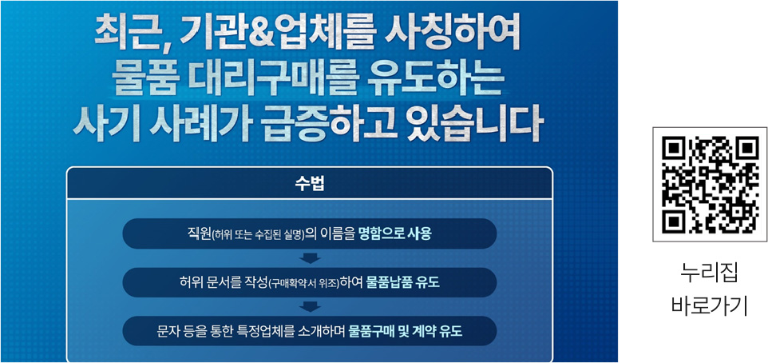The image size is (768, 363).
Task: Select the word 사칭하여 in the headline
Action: pyautogui.click(x=452, y=34)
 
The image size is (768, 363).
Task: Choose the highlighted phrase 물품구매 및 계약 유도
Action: pyautogui.click(x=406, y=331)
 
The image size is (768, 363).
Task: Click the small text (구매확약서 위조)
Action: pyautogui.click(x=306, y=283)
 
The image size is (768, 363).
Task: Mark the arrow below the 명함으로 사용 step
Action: pyautogui.click(x=310, y=258)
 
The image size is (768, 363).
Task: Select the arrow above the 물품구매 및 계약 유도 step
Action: pyautogui.click(x=310, y=306)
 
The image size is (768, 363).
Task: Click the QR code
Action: pyautogui.click(x=710, y=185)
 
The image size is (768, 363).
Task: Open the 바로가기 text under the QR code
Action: pyautogui.click(x=709, y=305)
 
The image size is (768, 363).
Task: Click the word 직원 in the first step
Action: pyautogui.click(x=200, y=234)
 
